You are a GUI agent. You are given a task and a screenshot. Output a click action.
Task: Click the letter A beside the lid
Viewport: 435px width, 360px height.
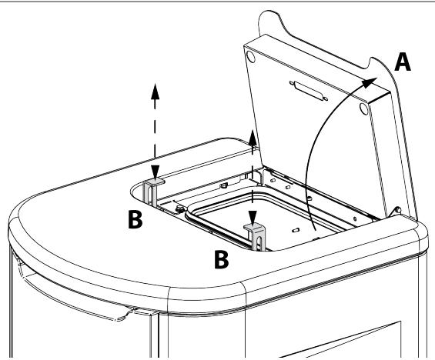click(403, 62)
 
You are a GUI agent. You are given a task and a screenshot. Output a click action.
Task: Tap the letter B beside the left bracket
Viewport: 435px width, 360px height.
click(135, 219)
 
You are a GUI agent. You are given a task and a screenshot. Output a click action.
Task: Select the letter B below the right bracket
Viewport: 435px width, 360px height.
click(222, 259)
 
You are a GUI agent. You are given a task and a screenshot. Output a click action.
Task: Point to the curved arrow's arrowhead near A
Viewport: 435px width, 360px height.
click(370, 82)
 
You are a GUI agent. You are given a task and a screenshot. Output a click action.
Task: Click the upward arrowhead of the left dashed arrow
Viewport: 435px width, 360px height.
click(155, 92)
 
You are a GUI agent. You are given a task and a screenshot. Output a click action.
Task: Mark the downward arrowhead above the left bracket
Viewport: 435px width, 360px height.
click(155, 172)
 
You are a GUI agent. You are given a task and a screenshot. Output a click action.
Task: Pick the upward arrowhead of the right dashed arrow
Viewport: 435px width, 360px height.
click(253, 138)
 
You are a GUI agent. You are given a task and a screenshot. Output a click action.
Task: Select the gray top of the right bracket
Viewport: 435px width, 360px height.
click(254, 227)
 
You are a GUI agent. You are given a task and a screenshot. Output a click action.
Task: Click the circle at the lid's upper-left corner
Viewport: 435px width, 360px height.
click(251, 56)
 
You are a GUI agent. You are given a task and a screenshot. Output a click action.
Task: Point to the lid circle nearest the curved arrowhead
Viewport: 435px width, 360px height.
click(364, 108)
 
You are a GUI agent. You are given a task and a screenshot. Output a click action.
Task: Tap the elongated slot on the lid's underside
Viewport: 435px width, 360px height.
click(309, 91)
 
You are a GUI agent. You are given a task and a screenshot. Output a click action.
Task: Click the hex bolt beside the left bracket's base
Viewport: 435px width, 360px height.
click(180, 209)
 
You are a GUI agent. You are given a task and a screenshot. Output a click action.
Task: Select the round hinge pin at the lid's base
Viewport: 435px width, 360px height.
click(397, 209)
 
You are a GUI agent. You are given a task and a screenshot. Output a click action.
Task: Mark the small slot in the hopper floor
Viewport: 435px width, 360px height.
click(296, 230)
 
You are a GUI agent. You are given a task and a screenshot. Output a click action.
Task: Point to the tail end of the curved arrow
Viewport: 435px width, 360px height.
click(316, 230)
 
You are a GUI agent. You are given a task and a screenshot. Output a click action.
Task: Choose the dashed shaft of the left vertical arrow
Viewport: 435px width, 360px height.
click(155, 132)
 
